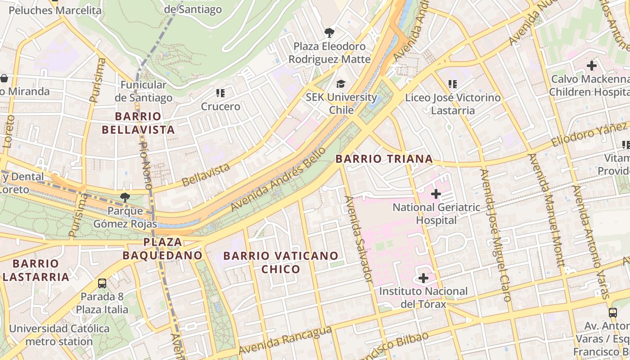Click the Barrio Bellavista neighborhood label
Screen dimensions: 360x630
[138, 123]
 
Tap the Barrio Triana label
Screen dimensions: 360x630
[384, 159]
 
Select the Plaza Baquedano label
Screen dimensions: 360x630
[162, 248]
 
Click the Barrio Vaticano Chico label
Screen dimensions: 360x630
[281, 262]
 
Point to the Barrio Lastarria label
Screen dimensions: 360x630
[36, 270]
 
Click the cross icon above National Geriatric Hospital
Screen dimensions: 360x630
[436, 194]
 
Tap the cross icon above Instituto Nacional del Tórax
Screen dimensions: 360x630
[423, 278]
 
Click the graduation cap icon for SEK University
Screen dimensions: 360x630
[341, 84]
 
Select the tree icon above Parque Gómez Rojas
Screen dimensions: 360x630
[125, 197]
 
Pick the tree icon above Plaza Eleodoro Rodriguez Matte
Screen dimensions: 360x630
[329, 32]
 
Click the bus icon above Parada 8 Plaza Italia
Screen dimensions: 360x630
[102, 283]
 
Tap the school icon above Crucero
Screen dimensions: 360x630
[220, 93]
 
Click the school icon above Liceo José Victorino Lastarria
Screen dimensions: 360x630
[453, 84]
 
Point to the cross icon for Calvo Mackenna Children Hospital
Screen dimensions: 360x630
[591, 66]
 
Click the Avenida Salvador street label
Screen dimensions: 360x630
[359, 238]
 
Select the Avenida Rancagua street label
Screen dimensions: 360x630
[285, 341]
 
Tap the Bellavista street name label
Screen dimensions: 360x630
[206, 175]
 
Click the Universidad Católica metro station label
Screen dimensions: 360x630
[59, 335]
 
